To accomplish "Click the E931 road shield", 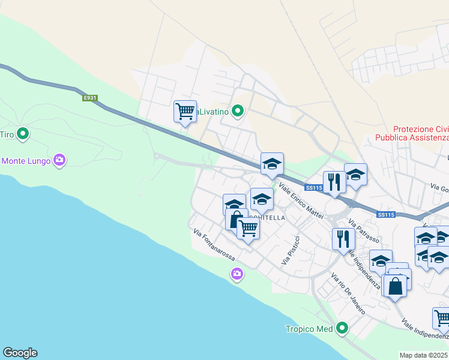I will tap(90, 98).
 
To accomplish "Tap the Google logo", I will tap(20, 353).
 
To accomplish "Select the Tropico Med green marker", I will tap(342, 328).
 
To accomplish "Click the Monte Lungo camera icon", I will tap(59, 160).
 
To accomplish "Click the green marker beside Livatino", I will tap(238, 110).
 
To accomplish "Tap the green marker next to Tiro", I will tap(23, 133).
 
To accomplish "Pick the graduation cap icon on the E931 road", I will tap(272, 163).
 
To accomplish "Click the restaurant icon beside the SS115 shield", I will tap(334, 182).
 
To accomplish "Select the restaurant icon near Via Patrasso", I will tap(343, 239).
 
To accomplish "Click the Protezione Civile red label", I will tap(420, 133).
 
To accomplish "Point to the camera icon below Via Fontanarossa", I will tap(237, 274).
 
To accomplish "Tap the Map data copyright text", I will tap(424, 355).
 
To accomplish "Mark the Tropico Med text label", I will tap(309, 329).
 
